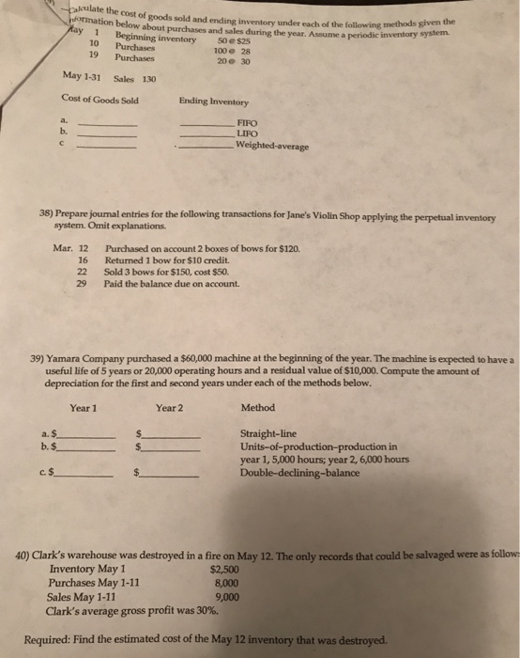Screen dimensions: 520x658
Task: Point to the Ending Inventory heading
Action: tap(211, 100)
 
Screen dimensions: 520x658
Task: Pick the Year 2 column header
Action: tap(169, 408)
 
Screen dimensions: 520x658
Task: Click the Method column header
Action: tap(258, 408)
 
